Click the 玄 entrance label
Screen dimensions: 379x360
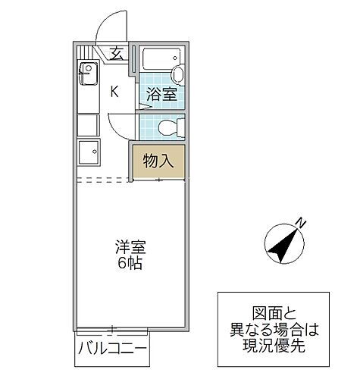117,53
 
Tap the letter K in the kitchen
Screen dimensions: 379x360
115,92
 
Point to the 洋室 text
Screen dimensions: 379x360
130,248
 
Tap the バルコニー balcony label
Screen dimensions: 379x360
111,352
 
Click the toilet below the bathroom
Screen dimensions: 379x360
170,126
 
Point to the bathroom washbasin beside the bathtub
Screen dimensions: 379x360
177,74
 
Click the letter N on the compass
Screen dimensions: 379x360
301,224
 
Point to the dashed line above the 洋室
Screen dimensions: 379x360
103,180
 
